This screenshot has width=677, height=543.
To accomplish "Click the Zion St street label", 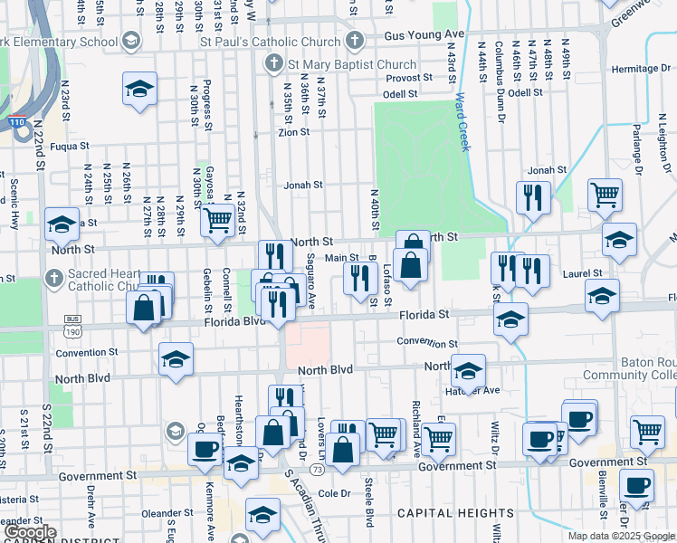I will click(293, 132).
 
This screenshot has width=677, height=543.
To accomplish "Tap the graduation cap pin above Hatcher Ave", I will click(467, 371).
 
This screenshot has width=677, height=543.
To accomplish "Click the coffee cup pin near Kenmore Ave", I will click(205, 448).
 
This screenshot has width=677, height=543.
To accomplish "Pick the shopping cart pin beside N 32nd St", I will click(217, 220).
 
